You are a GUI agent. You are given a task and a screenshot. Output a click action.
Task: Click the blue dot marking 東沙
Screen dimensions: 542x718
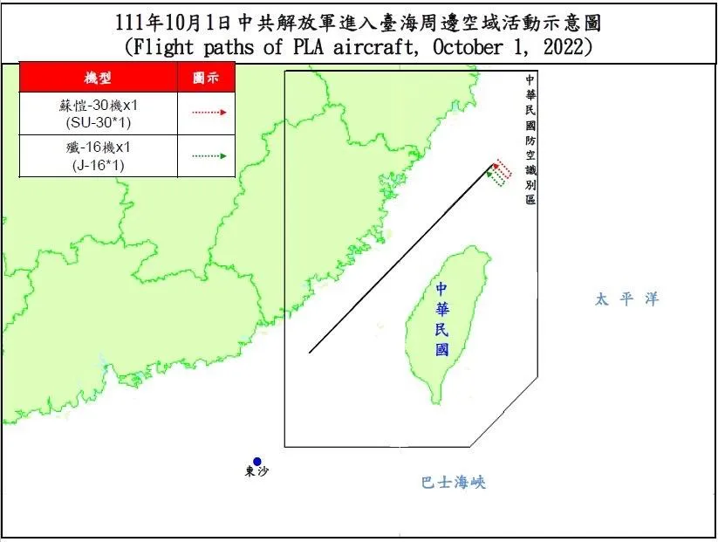point(257,462)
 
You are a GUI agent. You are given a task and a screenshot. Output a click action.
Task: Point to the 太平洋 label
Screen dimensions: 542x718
point(626,299)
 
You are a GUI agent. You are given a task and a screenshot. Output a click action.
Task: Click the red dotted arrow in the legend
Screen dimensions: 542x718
point(207,112)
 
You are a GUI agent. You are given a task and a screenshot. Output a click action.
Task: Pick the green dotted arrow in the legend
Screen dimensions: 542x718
point(207,155)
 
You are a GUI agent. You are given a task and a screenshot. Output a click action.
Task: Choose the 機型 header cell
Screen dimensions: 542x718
point(97,78)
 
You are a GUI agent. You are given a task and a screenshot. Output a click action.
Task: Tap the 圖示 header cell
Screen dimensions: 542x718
point(206,78)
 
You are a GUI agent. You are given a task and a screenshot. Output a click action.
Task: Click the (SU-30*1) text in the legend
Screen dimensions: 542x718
point(97,120)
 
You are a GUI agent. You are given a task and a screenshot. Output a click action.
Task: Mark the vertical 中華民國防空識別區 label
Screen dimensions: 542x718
point(530,140)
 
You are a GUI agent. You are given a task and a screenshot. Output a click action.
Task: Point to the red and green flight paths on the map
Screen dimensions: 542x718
point(499,172)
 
